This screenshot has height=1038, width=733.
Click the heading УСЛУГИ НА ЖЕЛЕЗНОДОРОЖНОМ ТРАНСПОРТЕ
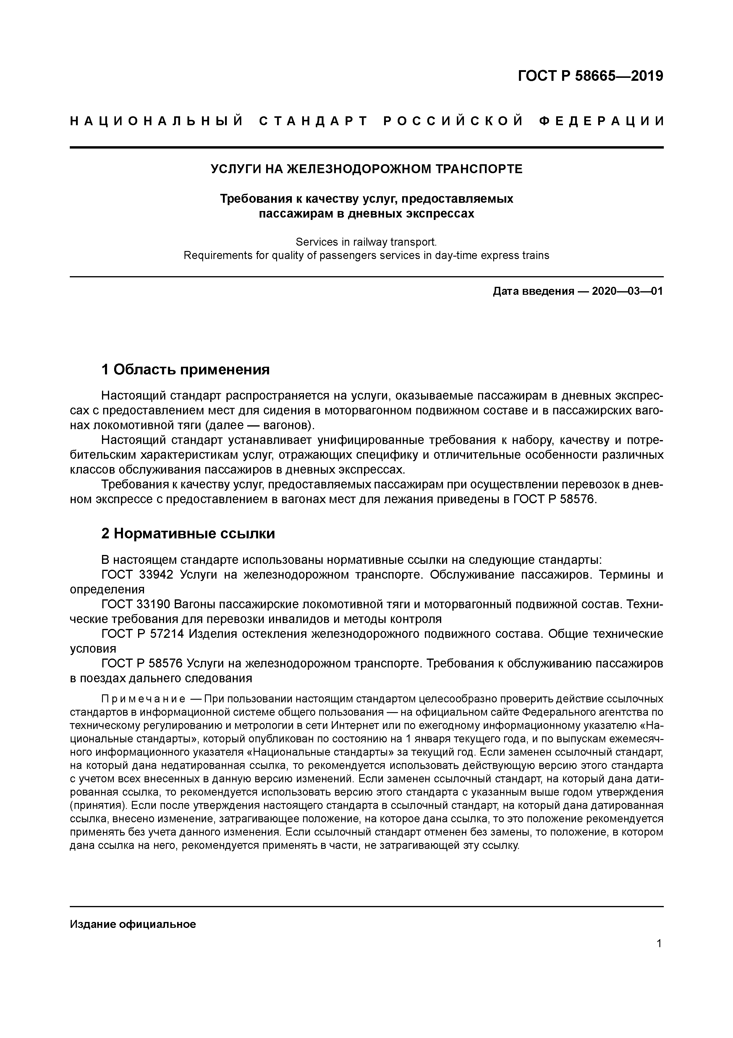pyautogui.click(x=366, y=169)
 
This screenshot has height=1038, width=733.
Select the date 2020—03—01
pyautogui.click(x=627, y=291)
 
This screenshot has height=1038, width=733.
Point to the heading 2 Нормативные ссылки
pyautogui.click(x=188, y=534)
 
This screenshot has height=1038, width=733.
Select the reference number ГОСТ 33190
pyautogui.click(x=137, y=604)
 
